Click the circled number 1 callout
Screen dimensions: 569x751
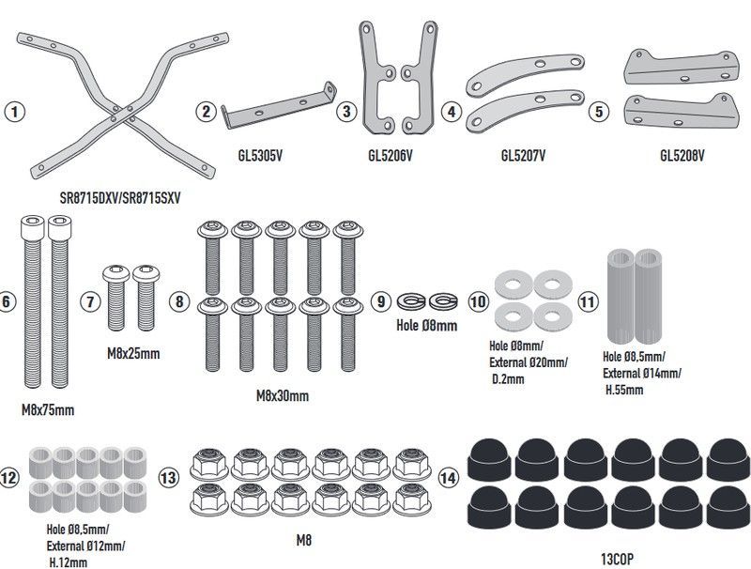coord(13,111)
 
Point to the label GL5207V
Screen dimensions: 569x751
coord(524,154)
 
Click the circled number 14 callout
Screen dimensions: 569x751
coord(449,478)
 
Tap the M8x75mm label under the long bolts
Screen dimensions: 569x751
coord(47,410)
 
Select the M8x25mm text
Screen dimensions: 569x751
coord(131,354)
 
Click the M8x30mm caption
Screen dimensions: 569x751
coord(282,396)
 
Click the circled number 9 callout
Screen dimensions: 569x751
coord(380,301)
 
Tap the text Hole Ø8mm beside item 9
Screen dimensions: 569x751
coord(427,326)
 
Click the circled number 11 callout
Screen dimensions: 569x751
coord(587,301)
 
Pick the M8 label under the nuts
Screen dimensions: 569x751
coord(302,540)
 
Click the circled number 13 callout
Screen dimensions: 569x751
coord(169,478)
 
